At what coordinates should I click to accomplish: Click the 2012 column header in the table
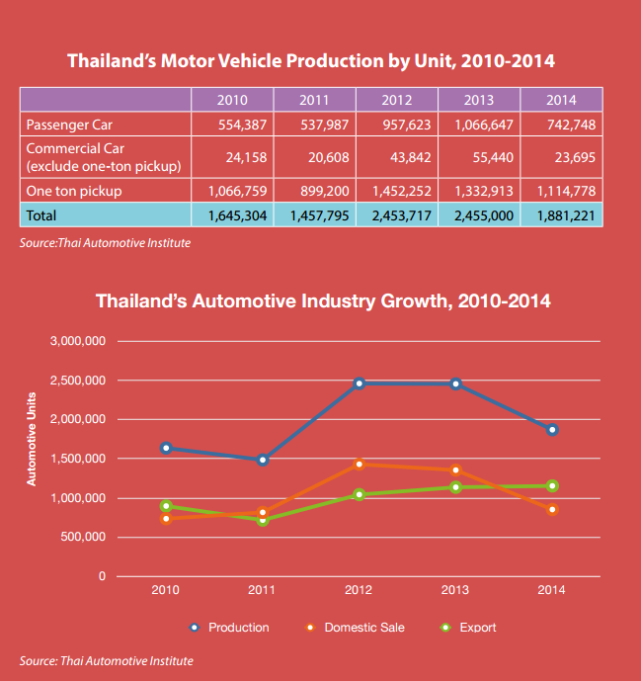tap(396, 100)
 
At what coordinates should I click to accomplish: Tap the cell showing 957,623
tap(396, 126)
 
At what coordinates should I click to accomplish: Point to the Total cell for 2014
tap(560, 213)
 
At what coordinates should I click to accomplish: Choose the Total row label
tap(42, 213)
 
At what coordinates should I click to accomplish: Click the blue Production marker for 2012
tap(359, 383)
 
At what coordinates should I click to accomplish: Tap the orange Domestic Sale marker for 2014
tap(552, 510)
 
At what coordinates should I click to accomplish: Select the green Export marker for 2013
tap(455, 487)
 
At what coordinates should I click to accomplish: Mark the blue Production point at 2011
tap(263, 460)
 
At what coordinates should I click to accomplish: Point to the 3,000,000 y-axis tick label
tap(77, 341)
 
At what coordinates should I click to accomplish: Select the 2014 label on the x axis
tap(552, 590)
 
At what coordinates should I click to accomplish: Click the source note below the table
tap(106, 242)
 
